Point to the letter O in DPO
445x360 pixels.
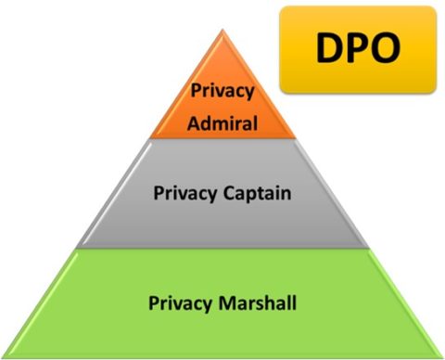[x=389, y=48]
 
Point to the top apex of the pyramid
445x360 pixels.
[x=222, y=31]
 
